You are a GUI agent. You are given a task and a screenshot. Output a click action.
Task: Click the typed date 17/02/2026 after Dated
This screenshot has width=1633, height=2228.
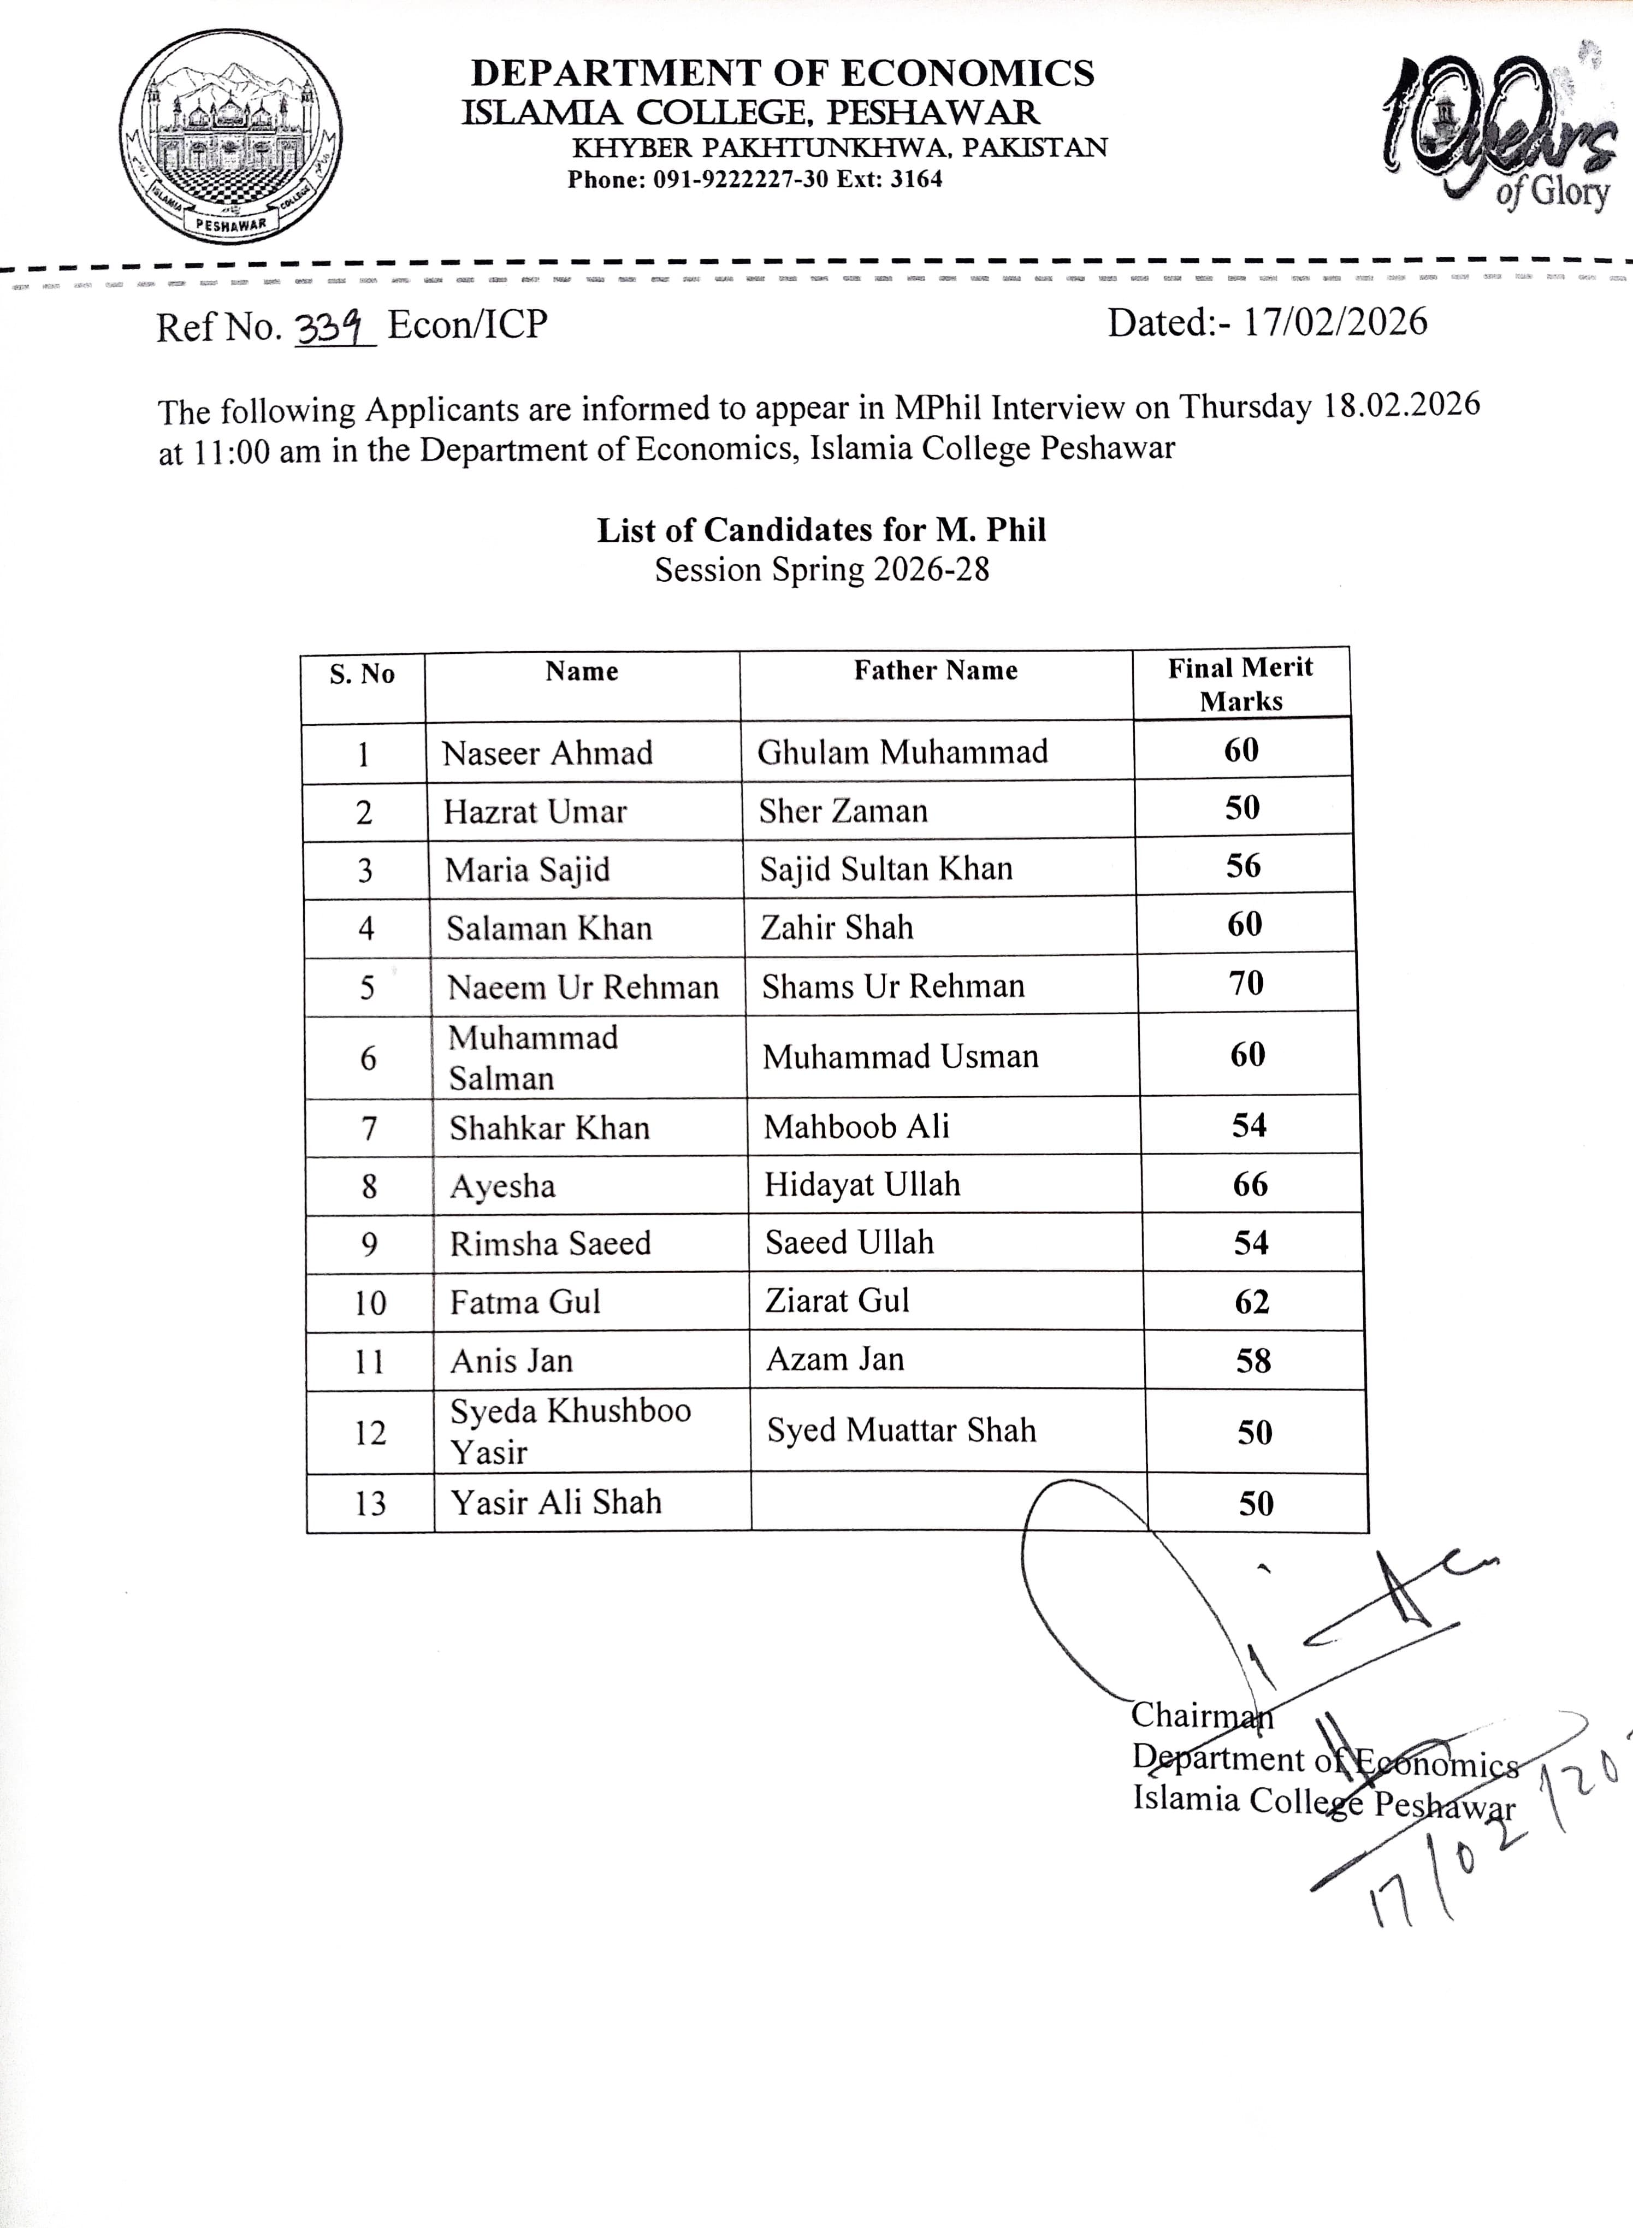coord(1334,322)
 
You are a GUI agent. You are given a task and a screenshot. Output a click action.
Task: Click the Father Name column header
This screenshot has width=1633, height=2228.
coord(935,671)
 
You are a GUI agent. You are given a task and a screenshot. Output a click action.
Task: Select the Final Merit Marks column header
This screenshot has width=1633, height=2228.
coord(1240,684)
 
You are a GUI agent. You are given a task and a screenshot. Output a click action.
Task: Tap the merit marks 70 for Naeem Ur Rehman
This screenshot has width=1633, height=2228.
coord(1246,984)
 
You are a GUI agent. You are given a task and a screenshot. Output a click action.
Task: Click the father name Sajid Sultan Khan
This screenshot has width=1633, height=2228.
coord(886,869)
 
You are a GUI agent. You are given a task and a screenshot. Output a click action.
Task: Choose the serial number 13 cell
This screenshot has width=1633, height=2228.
coord(370,1504)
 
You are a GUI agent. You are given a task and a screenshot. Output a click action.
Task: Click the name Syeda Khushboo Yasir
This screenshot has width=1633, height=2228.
coord(570,1431)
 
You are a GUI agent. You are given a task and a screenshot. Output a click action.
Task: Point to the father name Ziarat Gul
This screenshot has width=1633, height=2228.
coord(837,1301)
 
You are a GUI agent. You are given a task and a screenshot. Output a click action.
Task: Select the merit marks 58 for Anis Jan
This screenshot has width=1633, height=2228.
coord(1252,1361)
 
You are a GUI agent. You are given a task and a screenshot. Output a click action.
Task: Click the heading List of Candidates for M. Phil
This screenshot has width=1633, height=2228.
coord(820,531)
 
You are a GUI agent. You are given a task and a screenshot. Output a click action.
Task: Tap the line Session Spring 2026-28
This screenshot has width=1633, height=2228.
coord(821,570)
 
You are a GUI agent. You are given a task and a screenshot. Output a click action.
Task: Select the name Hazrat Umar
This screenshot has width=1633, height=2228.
coord(535,812)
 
